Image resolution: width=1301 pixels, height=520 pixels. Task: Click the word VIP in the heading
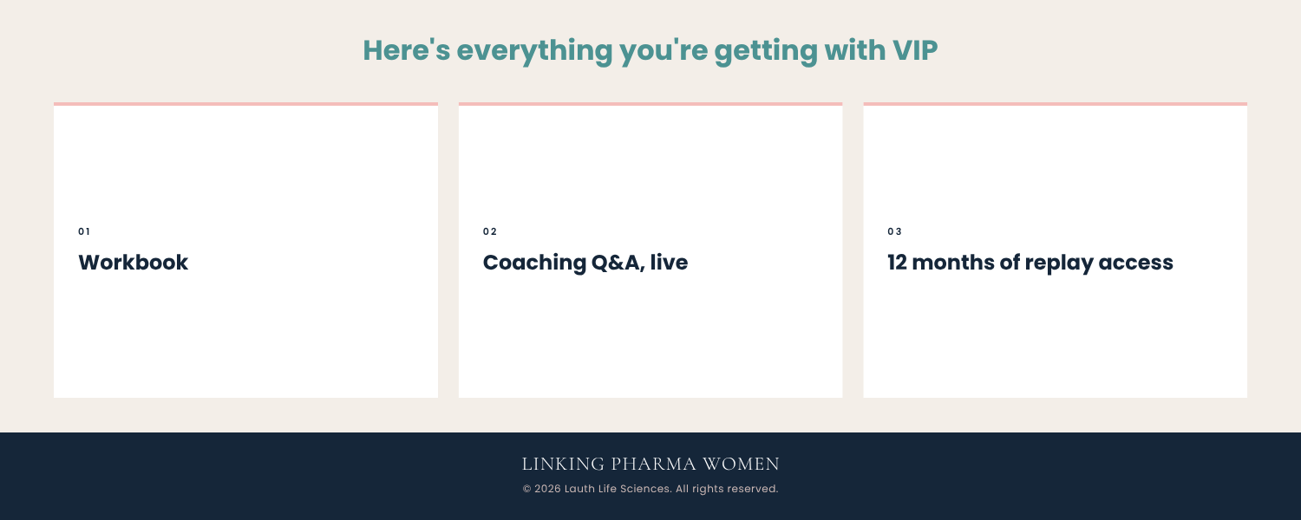pos(915,50)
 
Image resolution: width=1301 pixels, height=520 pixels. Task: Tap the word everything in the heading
pos(534,52)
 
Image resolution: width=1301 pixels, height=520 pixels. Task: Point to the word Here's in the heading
pos(407,50)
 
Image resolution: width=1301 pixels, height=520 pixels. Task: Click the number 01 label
pos(84,231)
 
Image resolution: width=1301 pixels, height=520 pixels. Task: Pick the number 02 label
pos(490,231)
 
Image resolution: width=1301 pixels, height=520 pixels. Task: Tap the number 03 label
pos(894,231)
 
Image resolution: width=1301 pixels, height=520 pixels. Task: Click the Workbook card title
pos(133,263)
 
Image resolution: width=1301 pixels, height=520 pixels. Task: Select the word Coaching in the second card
pos(534,263)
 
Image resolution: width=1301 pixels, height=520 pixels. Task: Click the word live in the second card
pos(669,263)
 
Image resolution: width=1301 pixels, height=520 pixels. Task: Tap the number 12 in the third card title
pos(897,263)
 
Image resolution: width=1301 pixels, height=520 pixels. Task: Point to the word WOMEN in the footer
pos(741,465)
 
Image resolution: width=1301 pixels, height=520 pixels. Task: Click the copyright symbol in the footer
pos(526,489)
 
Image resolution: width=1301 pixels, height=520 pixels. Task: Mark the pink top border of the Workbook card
pos(245,104)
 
